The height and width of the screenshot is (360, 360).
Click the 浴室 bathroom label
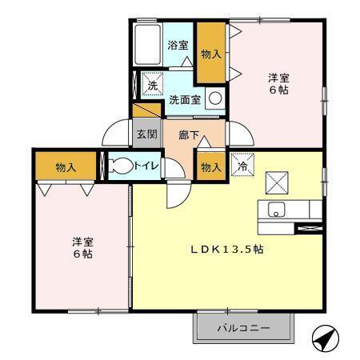178,46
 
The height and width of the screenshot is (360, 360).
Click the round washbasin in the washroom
214,98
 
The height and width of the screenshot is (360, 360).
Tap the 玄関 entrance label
146,134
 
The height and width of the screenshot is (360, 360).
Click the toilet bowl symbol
122,166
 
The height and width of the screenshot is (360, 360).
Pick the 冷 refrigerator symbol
242,166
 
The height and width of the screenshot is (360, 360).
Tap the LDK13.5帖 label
226,249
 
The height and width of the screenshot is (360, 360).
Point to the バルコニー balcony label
243,328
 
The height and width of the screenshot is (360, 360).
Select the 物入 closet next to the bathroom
210,54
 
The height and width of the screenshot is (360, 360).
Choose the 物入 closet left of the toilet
66,166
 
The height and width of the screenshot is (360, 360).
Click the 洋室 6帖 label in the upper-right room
278,83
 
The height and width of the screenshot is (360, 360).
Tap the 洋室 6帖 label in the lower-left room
82,246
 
